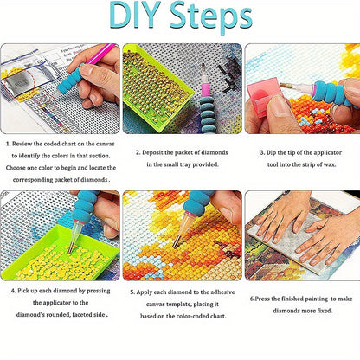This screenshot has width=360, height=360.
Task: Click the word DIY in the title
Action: pyautogui.click(x=134, y=15)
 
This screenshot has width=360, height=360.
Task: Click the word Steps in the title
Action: pyautogui.click(x=211, y=17)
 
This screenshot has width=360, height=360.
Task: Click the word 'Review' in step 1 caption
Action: pyautogui.click(x=22, y=144)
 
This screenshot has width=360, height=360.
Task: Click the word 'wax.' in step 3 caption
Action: pyautogui.click(x=329, y=164)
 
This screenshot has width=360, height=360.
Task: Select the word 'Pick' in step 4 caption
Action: pyautogui.click(x=23, y=291)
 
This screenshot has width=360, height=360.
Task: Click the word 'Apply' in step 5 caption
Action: pyautogui.click(x=145, y=292)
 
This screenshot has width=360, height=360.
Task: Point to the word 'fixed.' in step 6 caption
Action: pyautogui.click(x=324, y=311)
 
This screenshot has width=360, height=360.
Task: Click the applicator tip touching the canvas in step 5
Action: pyautogui.click(x=175, y=245)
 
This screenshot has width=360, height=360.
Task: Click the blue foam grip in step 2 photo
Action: pyautogui.click(x=208, y=114)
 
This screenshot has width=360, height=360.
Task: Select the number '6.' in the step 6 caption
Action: pyautogui.click(x=252, y=299)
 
